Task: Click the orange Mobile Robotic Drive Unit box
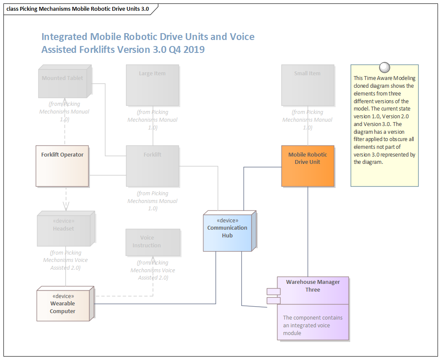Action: click(x=308, y=166)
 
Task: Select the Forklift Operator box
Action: click(x=62, y=166)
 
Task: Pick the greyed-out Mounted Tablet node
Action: click(x=63, y=82)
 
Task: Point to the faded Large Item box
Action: click(x=152, y=85)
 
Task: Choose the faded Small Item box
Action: click(x=307, y=85)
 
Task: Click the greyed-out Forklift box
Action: click(x=152, y=166)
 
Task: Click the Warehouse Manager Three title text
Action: click(x=313, y=286)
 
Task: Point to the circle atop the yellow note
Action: click(x=384, y=68)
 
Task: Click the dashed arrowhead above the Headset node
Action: click(x=66, y=206)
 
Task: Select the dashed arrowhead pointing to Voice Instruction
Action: click(x=153, y=260)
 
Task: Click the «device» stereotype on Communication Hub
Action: click(x=227, y=221)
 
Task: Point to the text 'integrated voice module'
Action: click(x=306, y=329)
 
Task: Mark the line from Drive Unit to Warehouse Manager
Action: click(x=308, y=232)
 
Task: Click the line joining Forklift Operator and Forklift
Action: click(x=107, y=175)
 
